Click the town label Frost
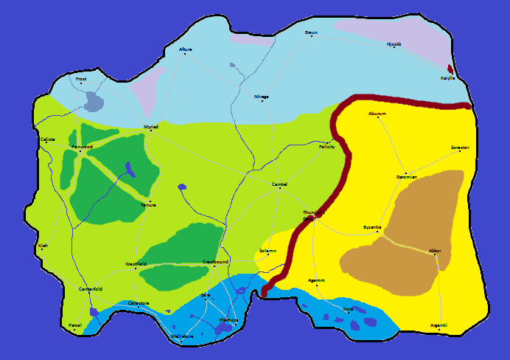(x=81, y=78)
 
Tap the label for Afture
(x=185, y=49)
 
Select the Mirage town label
(x=262, y=97)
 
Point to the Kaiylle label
(x=447, y=77)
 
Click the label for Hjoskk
(x=394, y=44)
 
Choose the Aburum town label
(x=377, y=114)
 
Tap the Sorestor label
(x=460, y=148)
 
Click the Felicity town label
(x=326, y=147)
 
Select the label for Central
(x=279, y=184)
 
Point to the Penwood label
(x=82, y=147)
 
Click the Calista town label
(x=48, y=139)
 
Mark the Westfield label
(x=136, y=263)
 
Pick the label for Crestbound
(x=215, y=261)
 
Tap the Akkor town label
(x=435, y=251)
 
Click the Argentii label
(x=439, y=325)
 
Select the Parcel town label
(x=74, y=325)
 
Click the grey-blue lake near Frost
(x=94, y=101)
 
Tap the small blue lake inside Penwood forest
(x=130, y=170)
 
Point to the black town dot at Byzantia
(x=378, y=232)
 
